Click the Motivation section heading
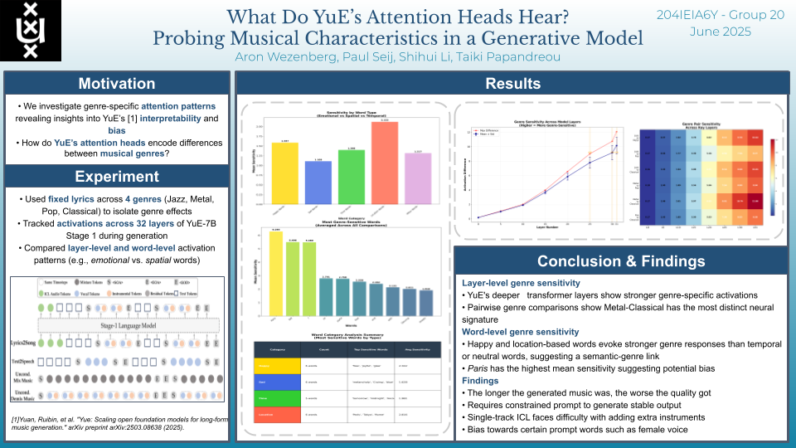click(116, 84)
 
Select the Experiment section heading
click(116, 176)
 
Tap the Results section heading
click(512, 84)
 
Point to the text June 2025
click(720, 32)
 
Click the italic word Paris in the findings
click(475, 368)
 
